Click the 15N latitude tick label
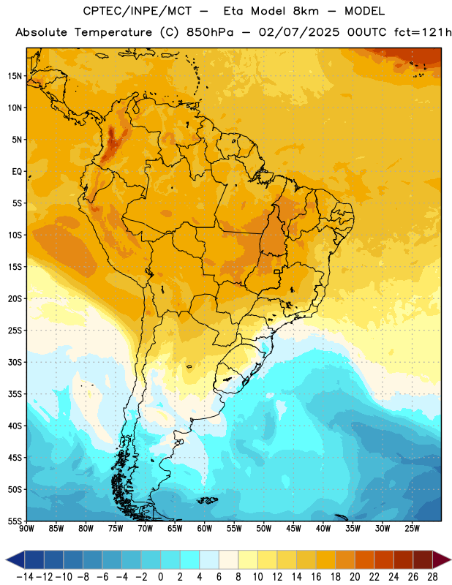[x=15, y=76]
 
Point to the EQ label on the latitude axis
[x=17, y=172]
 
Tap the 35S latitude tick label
[x=15, y=394]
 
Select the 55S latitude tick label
[x=15, y=521]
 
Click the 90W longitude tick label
[x=26, y=529]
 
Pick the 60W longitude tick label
[x=205, y=529]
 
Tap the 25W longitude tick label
[x=412, y=529]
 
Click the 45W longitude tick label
[x=293, y=529]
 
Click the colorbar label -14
[x=25, y=577]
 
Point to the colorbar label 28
[x=432, y=577]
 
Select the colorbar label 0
[x=160, y=577]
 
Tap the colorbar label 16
[x=316, y=577]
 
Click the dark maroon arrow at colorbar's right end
[x=441, y=559]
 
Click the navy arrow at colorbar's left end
[x=15, y=559]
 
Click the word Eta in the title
[x=233, y=11]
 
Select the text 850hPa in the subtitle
[x=210, y=32]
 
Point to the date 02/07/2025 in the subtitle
[x=299, y=32]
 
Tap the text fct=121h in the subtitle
[x=423, y=32]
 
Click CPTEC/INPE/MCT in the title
[x=138, y=11]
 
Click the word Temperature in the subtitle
[x=113, y=33]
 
